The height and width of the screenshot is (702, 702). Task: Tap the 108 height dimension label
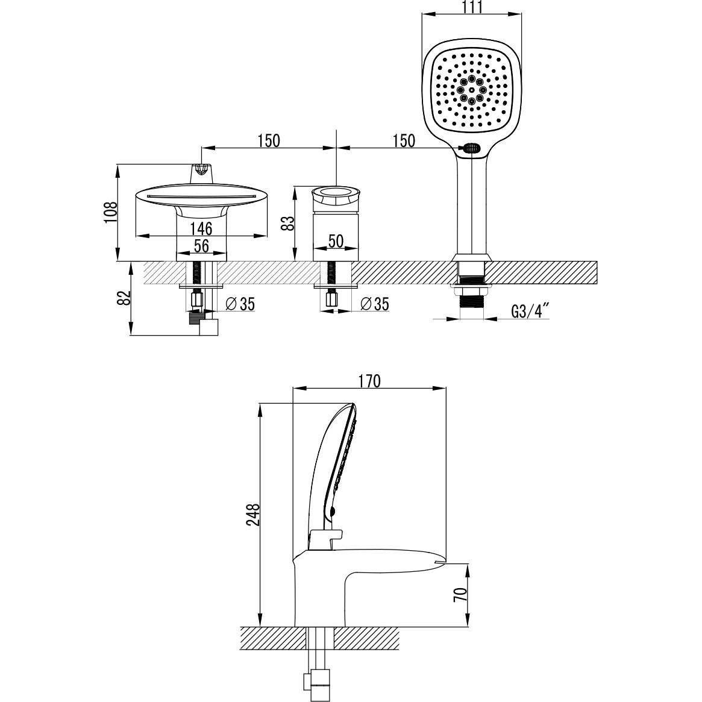point(111,212)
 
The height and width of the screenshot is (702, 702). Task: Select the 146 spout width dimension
point(201,229)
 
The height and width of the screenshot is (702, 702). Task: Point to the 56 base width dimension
point(201,246)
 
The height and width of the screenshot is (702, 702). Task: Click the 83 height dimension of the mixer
point(289,223)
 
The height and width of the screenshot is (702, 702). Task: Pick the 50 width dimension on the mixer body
point(336,241)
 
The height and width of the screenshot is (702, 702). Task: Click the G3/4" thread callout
point(530,311)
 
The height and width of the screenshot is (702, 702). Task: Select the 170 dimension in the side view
point(370,381)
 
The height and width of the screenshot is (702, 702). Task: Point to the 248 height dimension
point(254,515)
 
